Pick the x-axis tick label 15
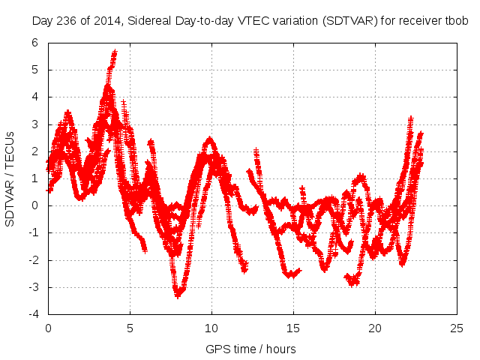pyautogui.click(x=293, y=328)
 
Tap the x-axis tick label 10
pyautogui.click(x=211, y=328)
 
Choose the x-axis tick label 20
pyautogui.click(x=375, y=328)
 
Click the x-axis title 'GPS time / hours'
pyautogui.click(x=250, y=349)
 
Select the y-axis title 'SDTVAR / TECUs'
pyautogui.click(x=10, y=178)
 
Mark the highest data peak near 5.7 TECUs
pyautogui.click(x=115, y=52)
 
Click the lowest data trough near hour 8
pyautogui.click(x=178, y=295)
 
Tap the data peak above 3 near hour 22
pyautogui.click(x=411, y=118)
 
